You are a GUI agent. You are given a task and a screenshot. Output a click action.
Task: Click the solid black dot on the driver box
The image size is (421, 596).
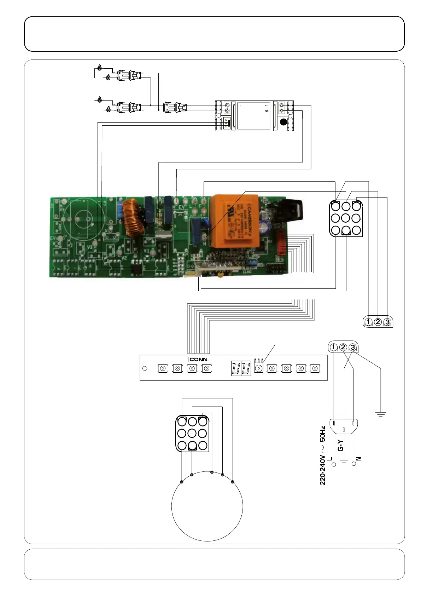283,122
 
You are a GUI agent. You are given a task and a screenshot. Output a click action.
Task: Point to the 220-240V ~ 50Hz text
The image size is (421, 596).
322,455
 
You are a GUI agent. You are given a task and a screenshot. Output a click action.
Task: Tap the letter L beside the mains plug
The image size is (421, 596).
330,459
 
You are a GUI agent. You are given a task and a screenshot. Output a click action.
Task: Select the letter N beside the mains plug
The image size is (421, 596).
359,459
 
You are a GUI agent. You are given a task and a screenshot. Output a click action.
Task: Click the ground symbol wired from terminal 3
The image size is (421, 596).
381,414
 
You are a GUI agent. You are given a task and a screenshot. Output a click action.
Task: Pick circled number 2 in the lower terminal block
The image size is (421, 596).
343,347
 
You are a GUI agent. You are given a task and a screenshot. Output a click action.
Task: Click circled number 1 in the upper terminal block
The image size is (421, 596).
368,322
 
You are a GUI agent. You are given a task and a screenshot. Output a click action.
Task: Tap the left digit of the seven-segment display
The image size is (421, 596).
236,368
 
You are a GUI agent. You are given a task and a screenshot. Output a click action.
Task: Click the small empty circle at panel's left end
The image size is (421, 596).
145,368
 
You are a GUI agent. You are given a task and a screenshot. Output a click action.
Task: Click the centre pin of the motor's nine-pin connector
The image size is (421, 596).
192,433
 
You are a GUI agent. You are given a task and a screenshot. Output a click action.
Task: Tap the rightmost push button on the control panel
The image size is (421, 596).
315,368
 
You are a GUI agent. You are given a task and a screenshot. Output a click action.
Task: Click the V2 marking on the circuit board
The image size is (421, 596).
124,258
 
